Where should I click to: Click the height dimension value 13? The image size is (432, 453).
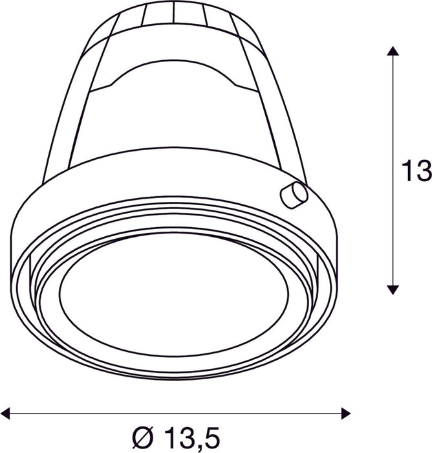click(416, 171)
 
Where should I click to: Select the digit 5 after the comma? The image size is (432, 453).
click(212, 437)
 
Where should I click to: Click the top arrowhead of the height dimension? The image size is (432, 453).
click(393, 51)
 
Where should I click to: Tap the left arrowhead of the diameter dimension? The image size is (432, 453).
click(5, 413)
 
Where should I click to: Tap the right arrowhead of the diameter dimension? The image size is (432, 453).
click(345, 413)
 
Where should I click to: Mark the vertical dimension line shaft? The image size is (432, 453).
click(393, 170)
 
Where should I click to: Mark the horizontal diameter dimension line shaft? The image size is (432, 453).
click(175, 413)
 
